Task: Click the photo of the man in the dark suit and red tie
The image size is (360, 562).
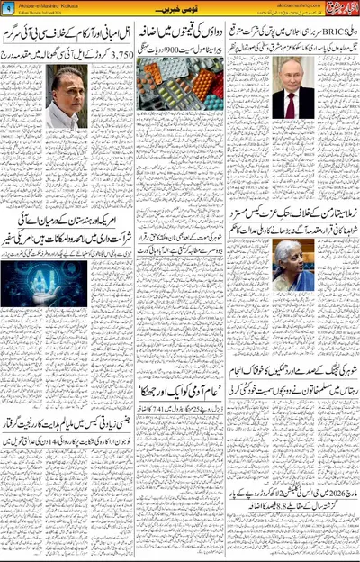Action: (x=294, y=90)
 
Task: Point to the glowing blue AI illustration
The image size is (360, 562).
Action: (x=45, y=283)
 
